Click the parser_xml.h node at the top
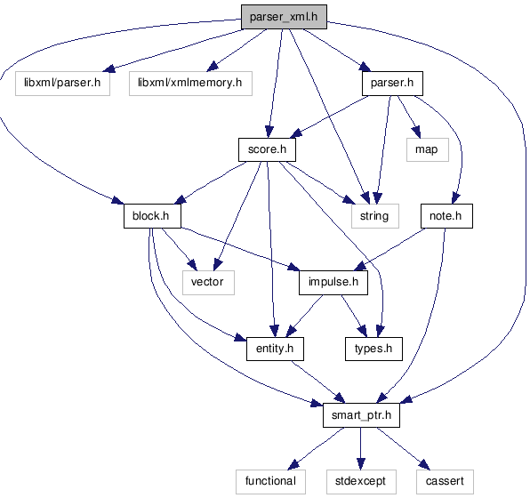click(x=284, y=17)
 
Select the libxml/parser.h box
click(x=62, y=84)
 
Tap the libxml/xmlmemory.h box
click(x=190, y=84)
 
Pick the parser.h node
click(x=392, y=84)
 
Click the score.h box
click(x=267, y=149)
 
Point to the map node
click(x=428, y=149)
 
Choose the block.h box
click(x=152, y=216)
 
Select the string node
click(x=375, y=216)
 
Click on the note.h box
click(x=446, y=216)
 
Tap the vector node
click(x=208, y=282)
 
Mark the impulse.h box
click(x=333, y=282)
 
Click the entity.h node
click(x=275, y=349)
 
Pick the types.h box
click(x=373, y=349)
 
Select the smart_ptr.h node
click(x=361, y=415)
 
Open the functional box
click(x=270, y=482)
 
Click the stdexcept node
click(x=361, y=482)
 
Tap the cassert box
click(x=445, y=482)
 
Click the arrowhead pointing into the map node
click(x=416, y=132)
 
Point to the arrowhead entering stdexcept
click(x=361, y=464)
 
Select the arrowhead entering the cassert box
click(x=424, y=465)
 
